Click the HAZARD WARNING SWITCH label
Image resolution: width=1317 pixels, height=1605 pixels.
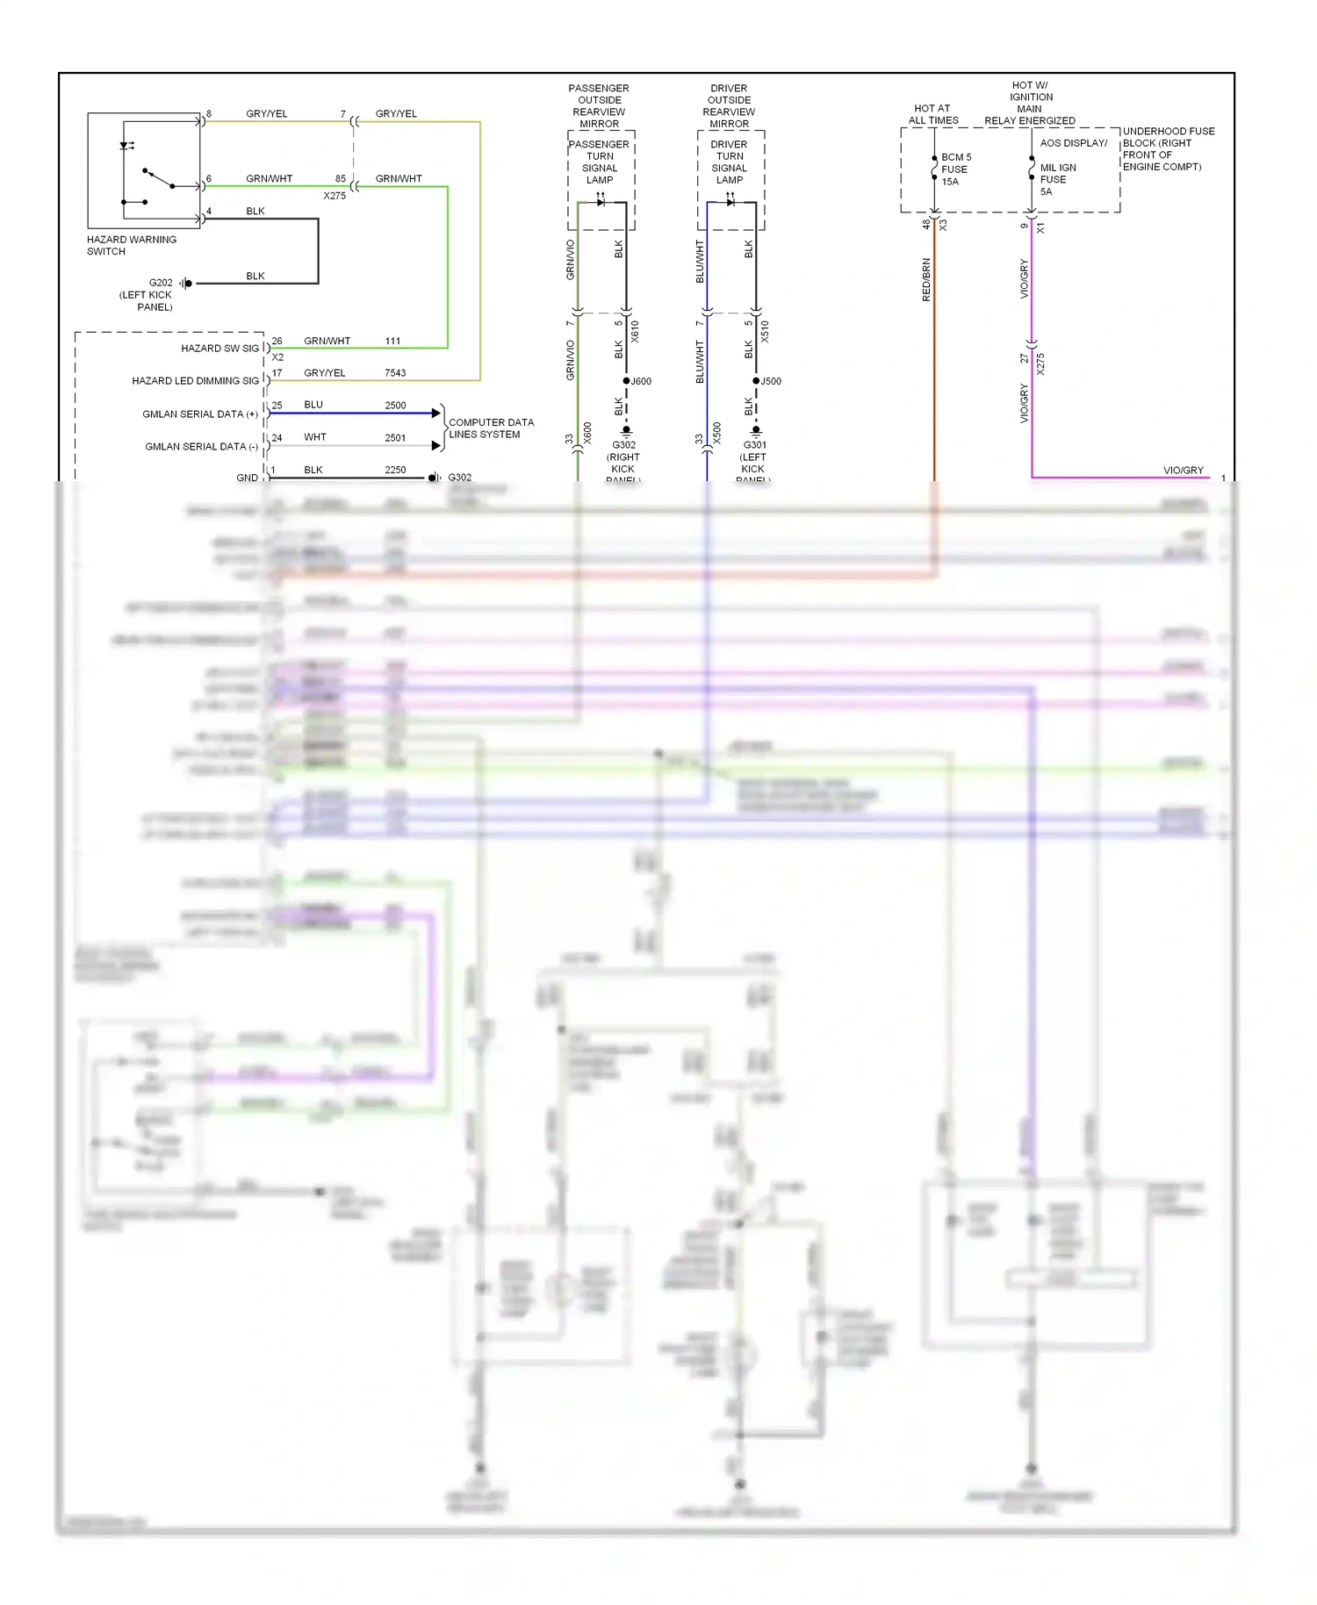tap(131, 245)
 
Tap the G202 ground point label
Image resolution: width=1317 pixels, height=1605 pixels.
tap(160, 283)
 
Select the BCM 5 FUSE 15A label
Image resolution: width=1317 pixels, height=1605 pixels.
tap(955, 169)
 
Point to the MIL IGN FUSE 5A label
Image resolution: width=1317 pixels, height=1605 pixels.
tap(1057, 179)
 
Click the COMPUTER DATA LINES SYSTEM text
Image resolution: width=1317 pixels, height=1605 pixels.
tap(491, 428)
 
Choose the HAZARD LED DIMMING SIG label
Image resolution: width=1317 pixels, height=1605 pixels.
tap(195, 381)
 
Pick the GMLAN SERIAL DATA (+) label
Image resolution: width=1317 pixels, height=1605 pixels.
tap(200, 414)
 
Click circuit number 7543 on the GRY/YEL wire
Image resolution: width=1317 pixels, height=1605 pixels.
tap(395, 373)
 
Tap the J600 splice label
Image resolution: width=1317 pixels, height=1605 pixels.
tap(641, 381)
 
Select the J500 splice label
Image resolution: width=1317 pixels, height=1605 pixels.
tap(771, 381)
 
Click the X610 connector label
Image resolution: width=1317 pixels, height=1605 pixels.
tap(635, 331)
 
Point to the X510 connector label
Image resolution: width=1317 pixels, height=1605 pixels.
tap(765, 331)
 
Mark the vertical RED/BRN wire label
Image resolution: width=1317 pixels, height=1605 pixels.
tap(926, 279)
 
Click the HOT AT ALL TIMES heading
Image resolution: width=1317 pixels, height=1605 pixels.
tap(932, 114)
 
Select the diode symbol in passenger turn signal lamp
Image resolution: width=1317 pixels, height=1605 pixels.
tap(601, 202)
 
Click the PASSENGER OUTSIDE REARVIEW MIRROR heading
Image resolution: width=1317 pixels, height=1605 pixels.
tap(599, 106)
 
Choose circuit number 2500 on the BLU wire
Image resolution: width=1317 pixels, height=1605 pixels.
tap(395, 406)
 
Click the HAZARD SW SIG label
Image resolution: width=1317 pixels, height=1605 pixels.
tap(219, 349)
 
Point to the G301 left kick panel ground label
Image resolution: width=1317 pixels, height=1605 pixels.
tap(754, 457)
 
